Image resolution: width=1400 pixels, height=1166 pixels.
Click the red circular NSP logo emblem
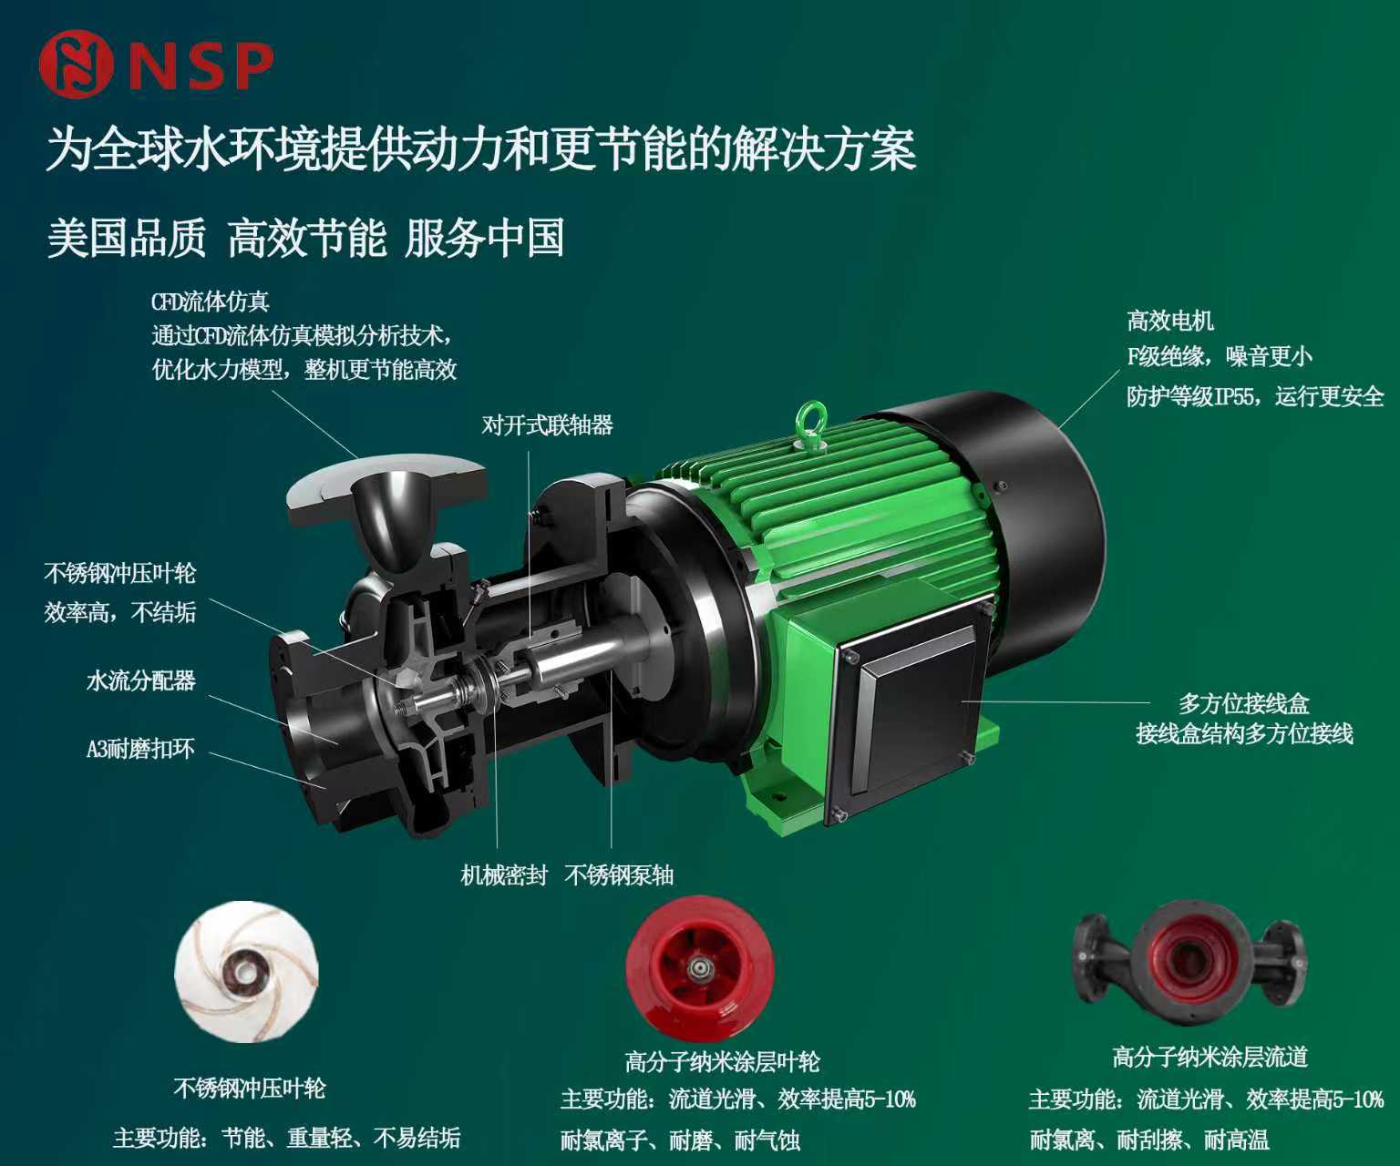pyautogui.click(x=75, y=65)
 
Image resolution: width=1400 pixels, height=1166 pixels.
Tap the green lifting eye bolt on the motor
pyautogui.click(x=810, y=422)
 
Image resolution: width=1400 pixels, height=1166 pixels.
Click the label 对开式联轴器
pyautogui.click(x=547, y=424)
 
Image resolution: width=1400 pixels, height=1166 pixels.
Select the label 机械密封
pyautogui.click(x=503, y=874)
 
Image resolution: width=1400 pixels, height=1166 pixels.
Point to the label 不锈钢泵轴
pyautogui.click(x=619, y=874)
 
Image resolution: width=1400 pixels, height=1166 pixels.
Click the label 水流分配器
pyautogui.click(x=140, y=680)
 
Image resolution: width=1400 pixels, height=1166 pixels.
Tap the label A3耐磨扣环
pyautogui.click(x=140, y=748)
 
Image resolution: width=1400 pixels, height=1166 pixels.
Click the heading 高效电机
pyautogui.click(x=1170, y=321)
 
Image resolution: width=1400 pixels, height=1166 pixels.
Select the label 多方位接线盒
pyautogui.click(x=1244, y=703)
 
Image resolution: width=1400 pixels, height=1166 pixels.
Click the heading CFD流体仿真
pyautogui.click(x=210, y=302)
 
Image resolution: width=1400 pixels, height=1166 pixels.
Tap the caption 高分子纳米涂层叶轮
pyautogui.click(x=722, y=1061)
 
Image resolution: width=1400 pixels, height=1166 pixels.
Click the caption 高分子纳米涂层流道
pyautogui.click(x=1210, y=1057)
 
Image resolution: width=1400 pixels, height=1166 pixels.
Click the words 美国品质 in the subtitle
pyautogui.click(x=127, y=238)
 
